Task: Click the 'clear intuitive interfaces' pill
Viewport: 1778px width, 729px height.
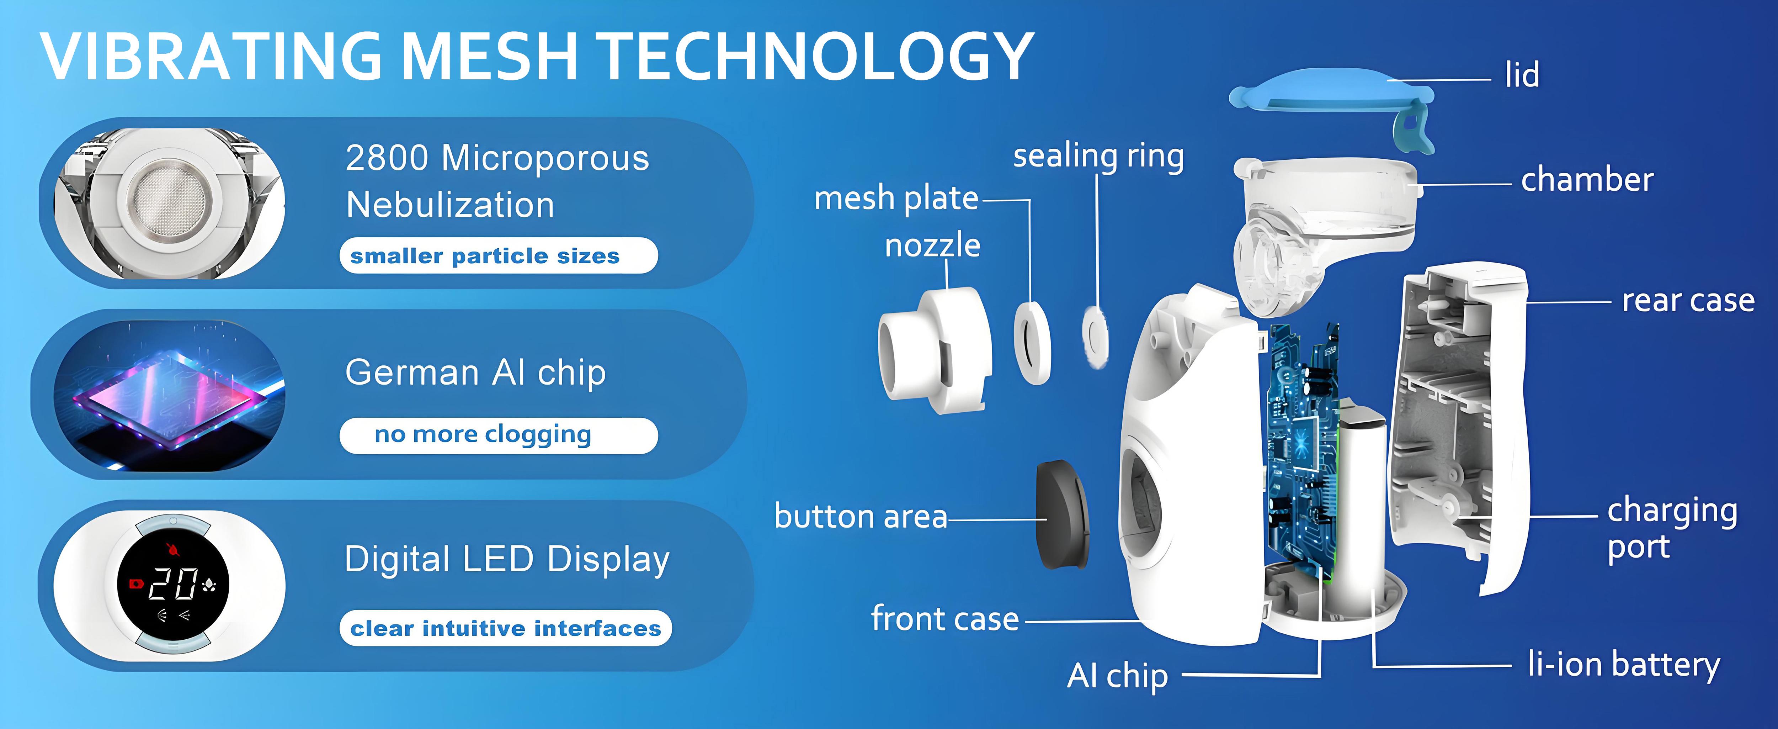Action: [x=505, y=628]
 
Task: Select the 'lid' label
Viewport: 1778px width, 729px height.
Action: [x=1522, y=75]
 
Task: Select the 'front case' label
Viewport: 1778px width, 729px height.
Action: [x=944, y=619]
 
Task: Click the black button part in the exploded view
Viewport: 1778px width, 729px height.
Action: [x=1063, y=514]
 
